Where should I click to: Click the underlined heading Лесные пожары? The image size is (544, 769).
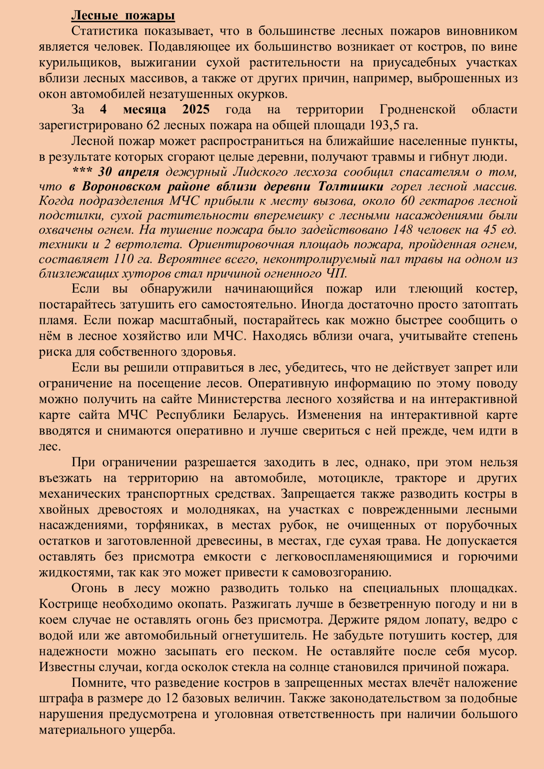pos(123,16)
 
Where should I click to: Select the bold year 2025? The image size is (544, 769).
pos(196,110)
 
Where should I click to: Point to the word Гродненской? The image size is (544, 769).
pos(417,110)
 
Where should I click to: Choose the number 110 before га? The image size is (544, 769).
pos(123,259)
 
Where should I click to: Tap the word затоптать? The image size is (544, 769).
pos(490,305)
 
